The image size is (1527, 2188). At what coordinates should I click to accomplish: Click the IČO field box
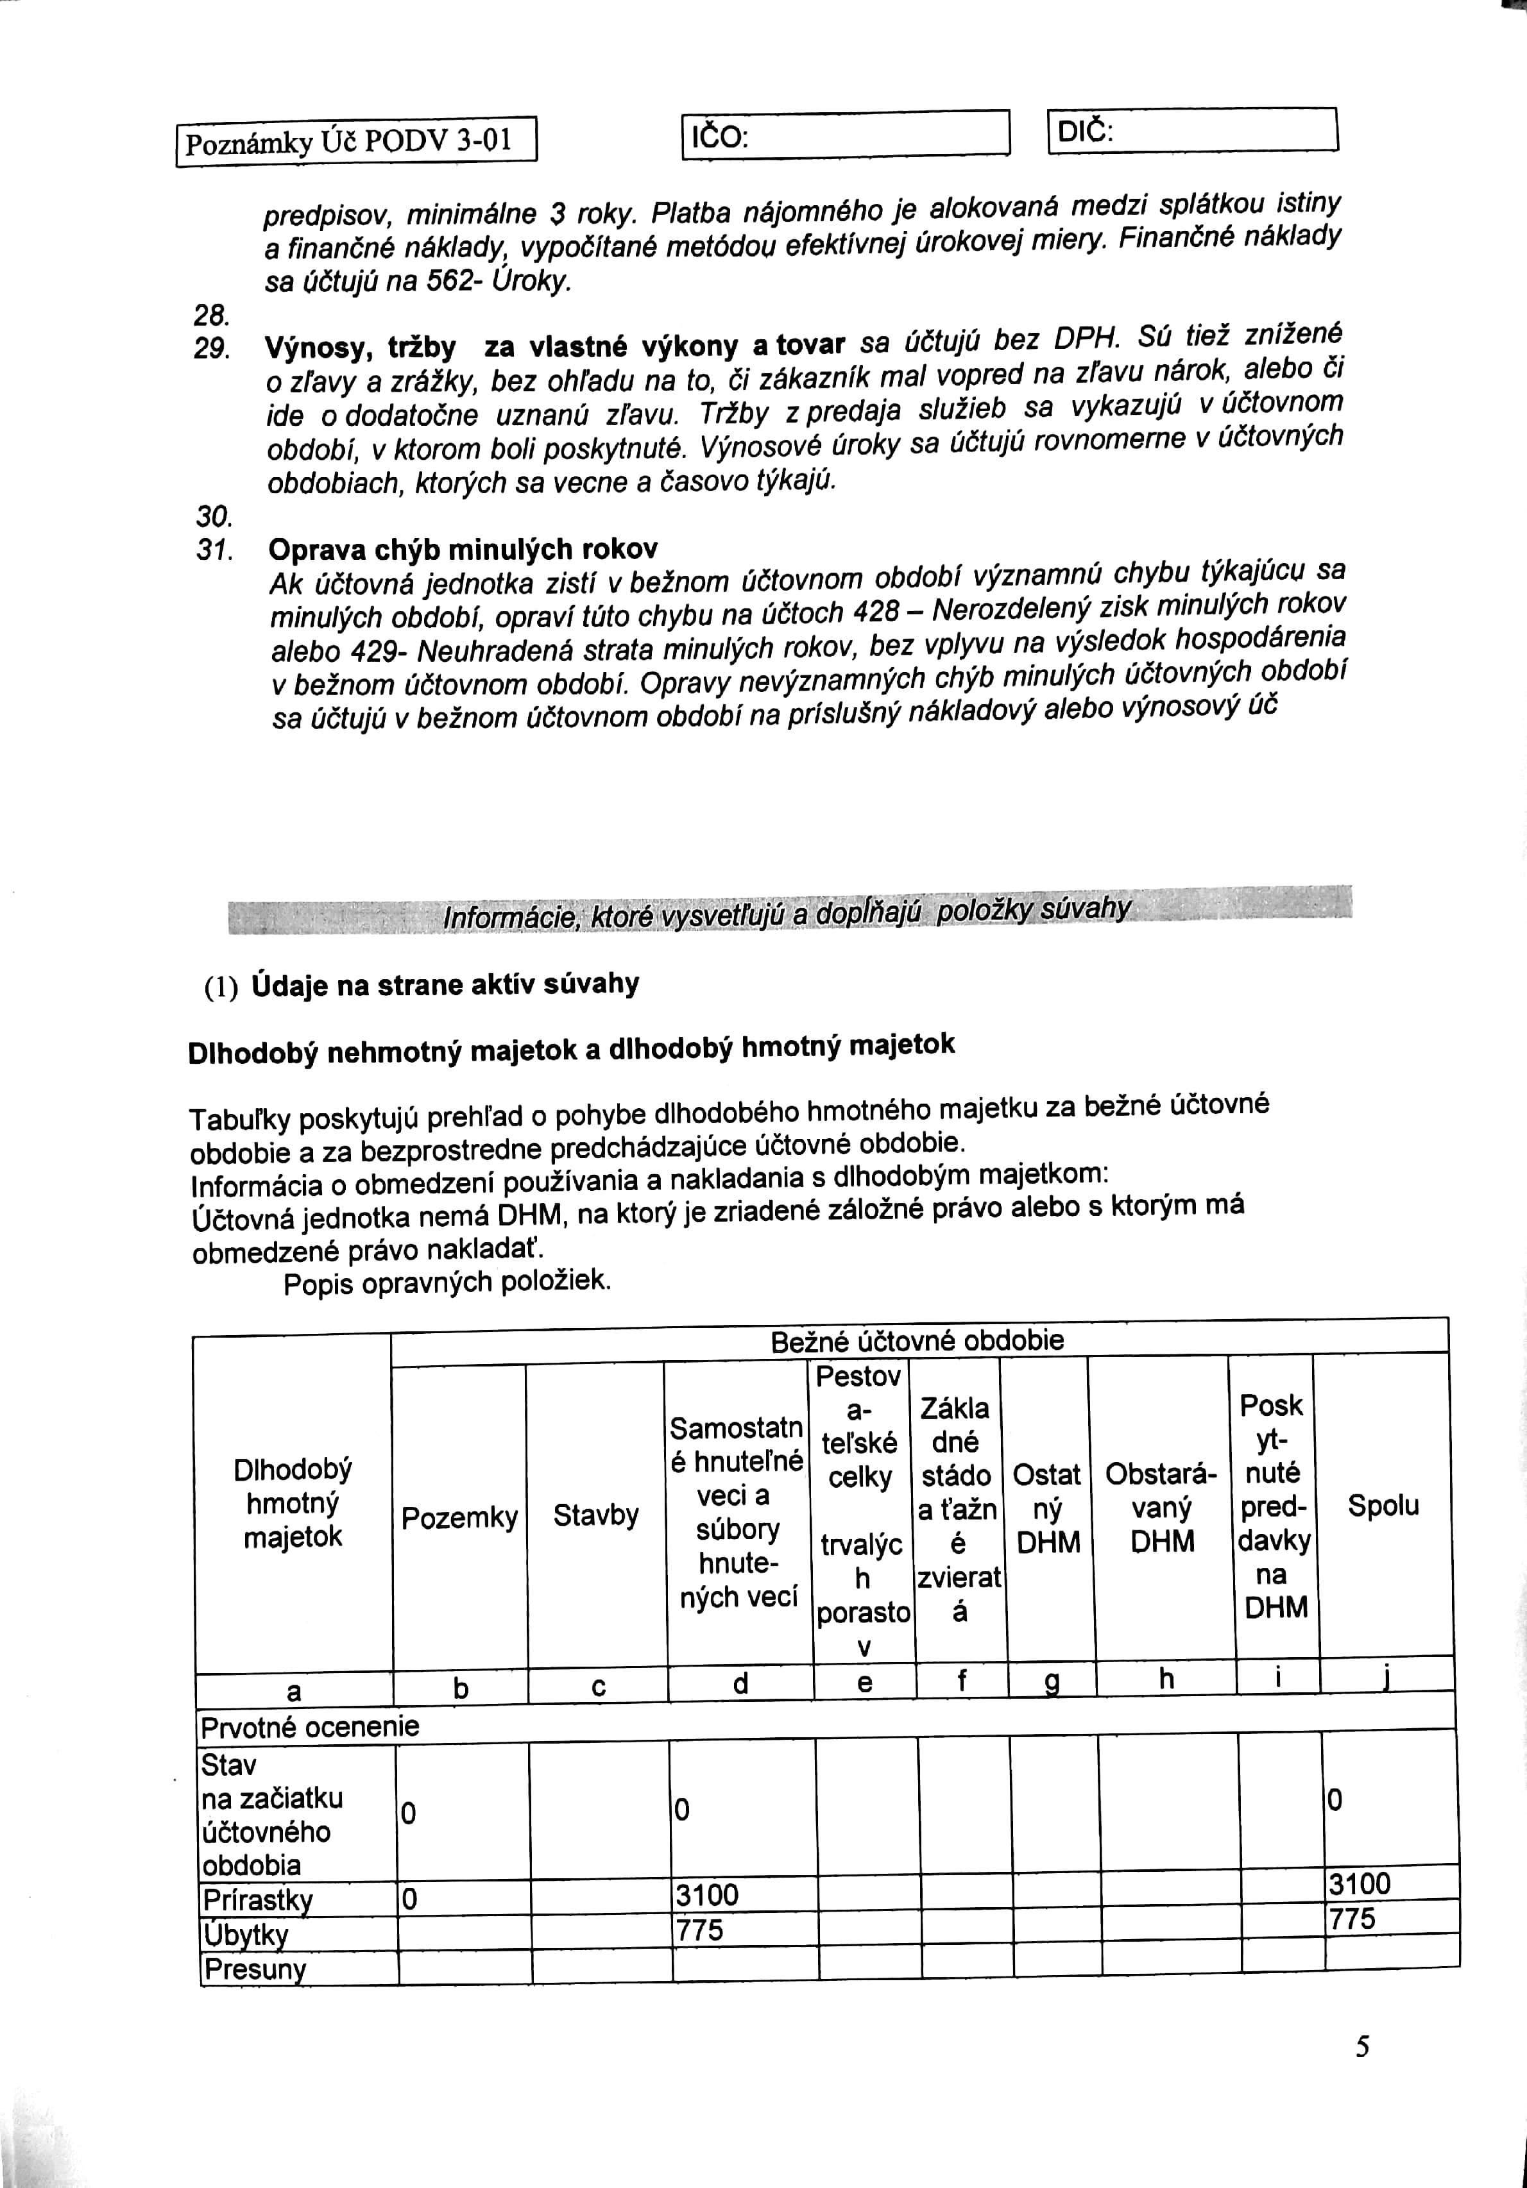tap(846, 135)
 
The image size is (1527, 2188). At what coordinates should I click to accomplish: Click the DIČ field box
tap(1193, 131)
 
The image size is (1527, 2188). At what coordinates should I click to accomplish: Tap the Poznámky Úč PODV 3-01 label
tap(357, 142)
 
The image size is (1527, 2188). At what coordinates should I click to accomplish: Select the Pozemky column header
tap(459, 1517)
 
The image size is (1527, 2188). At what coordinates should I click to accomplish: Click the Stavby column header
tap(596, 1515)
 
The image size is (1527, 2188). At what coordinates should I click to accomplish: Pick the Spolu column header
tap(1383, 1506)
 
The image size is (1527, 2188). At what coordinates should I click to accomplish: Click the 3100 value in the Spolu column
tap(1360, 1884)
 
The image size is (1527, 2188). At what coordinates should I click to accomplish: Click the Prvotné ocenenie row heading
tap(310, 1727)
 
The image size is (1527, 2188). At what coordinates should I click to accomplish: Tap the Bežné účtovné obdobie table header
tap(917, 1341)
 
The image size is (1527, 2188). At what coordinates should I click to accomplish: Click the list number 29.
tap(210, 349)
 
